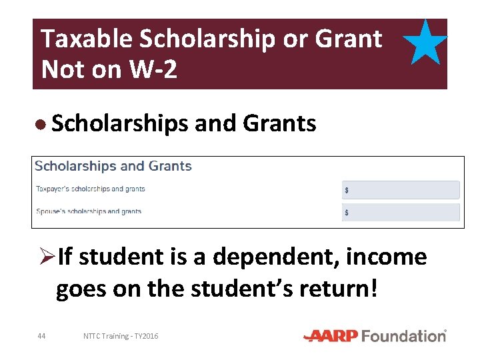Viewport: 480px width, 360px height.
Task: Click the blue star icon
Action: click(425, 42)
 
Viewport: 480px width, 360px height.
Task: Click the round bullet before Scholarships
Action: click(41, 124)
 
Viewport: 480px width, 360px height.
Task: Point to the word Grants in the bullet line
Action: click(279, 123)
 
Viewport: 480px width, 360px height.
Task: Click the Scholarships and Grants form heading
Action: click(113, 166)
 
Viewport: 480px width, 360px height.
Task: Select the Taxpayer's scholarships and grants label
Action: click(90, 189)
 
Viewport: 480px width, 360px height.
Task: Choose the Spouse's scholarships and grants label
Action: click(89, 211)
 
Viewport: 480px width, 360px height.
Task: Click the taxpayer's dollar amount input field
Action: click(401, 190)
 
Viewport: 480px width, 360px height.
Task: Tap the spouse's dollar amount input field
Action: click(401, 213)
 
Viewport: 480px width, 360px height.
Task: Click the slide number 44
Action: click(41, 336)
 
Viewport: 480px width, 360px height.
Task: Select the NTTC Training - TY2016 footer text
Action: click(121, 336)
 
